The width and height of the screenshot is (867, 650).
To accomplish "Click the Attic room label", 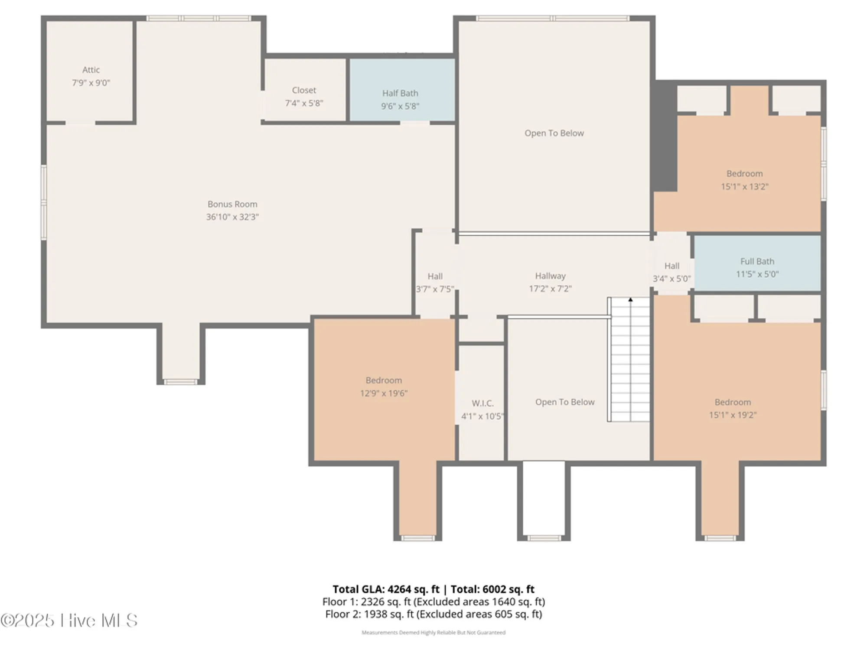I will pos(91,70).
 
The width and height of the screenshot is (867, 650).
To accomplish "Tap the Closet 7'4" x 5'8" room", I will pos(304,96).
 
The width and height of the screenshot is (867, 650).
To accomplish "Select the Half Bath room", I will pos(400,99).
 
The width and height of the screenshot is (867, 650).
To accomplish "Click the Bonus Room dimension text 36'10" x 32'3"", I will pos(232,217).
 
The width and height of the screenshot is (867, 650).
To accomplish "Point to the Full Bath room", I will pos(757,267).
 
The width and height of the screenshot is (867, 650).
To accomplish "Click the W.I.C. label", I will pos(482,403).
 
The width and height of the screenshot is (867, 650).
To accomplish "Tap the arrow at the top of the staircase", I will pos(630,299).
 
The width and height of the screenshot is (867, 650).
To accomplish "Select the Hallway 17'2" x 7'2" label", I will pos(550,282).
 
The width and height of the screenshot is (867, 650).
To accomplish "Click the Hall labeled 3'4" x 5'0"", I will pos(672,272).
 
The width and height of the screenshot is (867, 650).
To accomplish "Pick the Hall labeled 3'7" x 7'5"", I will pos(435,283).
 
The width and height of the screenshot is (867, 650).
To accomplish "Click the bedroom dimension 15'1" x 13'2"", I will pos(744,187).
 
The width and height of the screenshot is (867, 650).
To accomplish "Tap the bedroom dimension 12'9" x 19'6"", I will pos(384,393).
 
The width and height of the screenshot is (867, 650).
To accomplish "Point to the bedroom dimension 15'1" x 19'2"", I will pos(733,415).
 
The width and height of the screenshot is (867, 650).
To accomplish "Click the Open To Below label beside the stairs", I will pos(564,402).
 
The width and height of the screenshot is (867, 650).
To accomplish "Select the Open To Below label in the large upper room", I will pos(554,133).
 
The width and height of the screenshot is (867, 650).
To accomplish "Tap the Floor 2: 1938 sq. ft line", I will pos(433,614).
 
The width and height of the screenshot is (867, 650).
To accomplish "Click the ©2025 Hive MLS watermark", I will pos(69,621).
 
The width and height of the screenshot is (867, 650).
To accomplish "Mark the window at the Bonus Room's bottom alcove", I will pos(180,382).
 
